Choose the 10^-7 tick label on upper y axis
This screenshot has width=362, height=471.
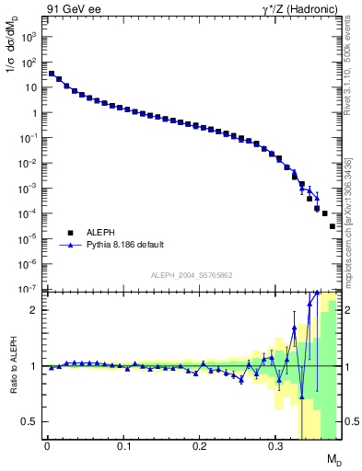coord(29,289)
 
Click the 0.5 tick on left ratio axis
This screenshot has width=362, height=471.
coord(30,421)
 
